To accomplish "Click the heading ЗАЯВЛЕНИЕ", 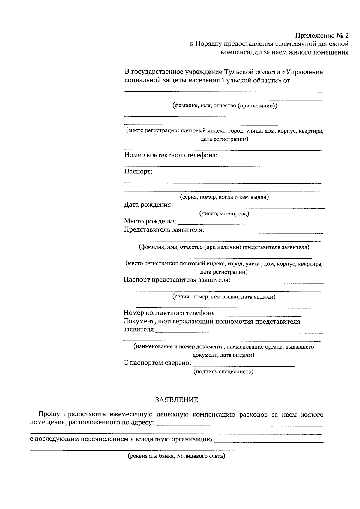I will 176,400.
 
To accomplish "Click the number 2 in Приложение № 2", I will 346,36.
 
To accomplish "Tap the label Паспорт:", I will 138,172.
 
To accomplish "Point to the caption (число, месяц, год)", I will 224,214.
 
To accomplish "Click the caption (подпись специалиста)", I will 223,372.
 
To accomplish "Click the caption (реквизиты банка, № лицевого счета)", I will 176,457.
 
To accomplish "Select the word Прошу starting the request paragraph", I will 49,415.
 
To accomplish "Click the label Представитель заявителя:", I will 164,230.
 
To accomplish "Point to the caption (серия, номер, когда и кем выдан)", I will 224,197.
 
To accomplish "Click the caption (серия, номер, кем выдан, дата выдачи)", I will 224,297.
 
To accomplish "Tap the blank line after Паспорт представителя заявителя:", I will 278,283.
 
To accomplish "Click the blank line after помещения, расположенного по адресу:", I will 240,425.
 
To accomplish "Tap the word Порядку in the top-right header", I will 208,44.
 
